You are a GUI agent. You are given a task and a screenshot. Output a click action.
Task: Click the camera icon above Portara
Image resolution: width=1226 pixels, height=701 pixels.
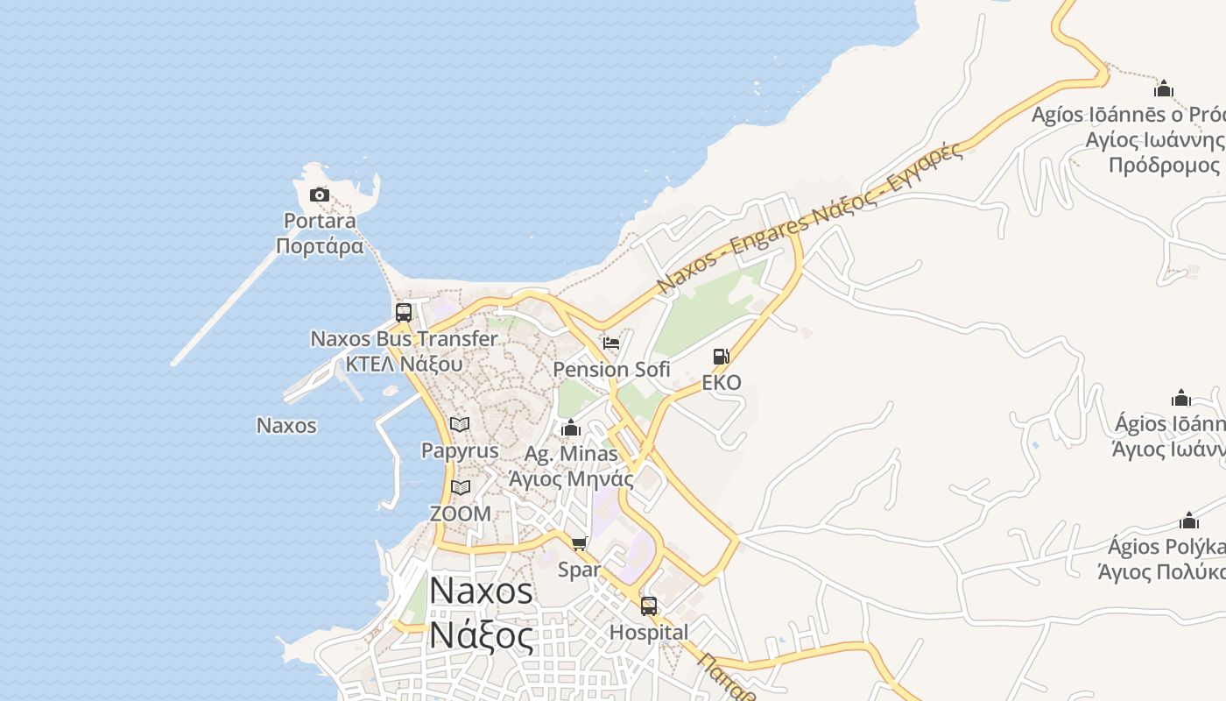pos(320,195)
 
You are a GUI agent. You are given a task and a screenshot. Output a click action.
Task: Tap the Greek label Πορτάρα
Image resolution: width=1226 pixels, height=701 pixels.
pos(320,246)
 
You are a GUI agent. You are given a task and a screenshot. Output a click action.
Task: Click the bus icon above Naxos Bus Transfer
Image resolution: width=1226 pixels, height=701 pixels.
pos(404,312)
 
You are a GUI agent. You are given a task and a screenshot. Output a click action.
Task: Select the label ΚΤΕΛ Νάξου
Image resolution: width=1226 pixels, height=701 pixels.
pos(404,363)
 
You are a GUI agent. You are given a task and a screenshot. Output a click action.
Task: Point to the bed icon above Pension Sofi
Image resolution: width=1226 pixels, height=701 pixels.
pos(611,343)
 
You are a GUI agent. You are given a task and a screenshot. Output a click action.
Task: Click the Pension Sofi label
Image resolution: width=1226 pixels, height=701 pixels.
pos(611,369)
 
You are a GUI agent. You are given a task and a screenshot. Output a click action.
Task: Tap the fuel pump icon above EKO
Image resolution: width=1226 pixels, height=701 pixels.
pos(721,356)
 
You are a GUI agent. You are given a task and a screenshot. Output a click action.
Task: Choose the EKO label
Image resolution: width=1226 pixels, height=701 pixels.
pos(722,382)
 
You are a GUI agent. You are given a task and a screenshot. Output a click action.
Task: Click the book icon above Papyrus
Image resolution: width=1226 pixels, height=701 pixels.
pos(460,424)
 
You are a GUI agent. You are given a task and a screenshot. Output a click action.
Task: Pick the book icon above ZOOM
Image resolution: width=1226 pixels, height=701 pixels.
pos(460,487)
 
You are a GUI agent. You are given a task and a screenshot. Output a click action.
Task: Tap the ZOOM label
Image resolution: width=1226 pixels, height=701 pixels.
pos(460,513)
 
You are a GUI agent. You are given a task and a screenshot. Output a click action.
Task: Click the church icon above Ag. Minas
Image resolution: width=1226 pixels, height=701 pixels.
pos(571,428)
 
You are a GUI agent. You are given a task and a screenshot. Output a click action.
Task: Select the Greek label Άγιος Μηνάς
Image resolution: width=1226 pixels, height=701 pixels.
pos(571,478)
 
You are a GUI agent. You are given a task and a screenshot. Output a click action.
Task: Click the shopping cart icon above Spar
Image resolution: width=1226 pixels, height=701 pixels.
pos(579,544)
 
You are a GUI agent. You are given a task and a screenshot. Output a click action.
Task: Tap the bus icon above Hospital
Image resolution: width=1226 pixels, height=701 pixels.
pos(649,605)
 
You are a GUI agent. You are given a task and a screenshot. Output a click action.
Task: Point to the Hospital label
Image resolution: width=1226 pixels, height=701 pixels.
pos(649,632)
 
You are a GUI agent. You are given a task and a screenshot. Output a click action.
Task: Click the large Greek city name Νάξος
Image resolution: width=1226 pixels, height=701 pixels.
pos(480,635)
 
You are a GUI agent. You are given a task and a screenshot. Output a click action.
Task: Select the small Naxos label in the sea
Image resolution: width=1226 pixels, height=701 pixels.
pos(286,426)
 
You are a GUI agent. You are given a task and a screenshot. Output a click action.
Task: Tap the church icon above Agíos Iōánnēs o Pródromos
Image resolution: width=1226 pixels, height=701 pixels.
pos(1164,89)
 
